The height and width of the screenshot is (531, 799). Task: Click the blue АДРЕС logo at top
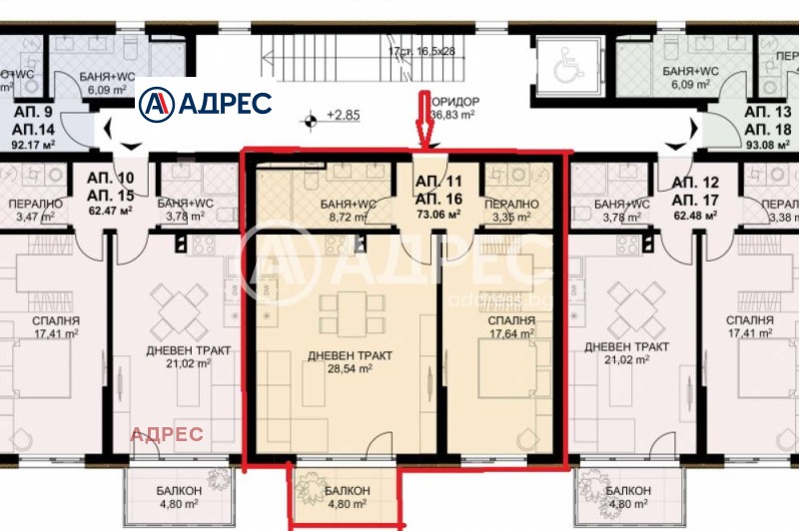pos(204,102)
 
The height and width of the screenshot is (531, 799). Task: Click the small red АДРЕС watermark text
pos(167,434)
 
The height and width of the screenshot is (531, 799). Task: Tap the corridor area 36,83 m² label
pos(455,115)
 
